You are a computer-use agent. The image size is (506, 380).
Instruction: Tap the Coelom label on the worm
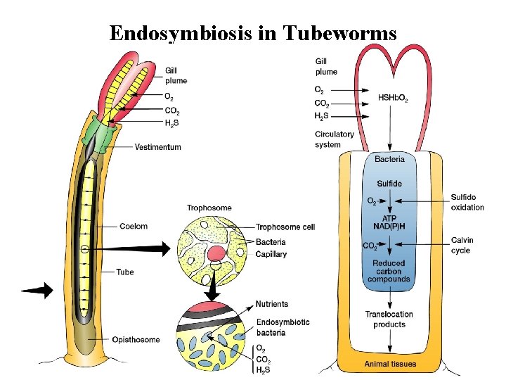tap(134, 226)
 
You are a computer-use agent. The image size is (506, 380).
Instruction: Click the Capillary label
tap(271, 254)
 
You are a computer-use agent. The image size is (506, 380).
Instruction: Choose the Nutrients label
tap(271, 304)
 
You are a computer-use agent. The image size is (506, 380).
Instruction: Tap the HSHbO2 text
tap(392, 98)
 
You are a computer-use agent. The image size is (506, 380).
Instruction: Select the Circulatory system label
tap(334, 139)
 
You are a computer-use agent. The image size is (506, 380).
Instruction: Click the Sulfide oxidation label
tap(467, 202)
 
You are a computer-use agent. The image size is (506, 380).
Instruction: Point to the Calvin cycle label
tap(462, 245)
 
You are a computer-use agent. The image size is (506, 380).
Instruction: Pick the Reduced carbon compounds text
tap(389, 271)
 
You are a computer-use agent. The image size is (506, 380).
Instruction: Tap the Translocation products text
tap(389, 319)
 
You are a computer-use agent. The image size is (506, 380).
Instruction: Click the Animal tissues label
tap(390, 364)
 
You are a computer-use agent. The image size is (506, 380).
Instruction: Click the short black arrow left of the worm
tap(37, 289)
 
